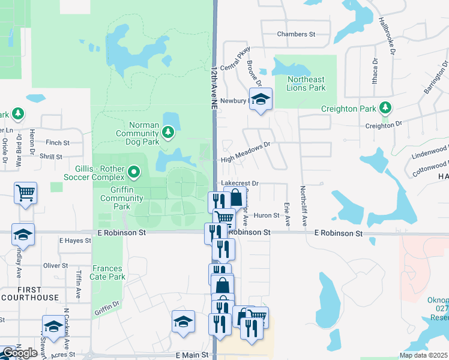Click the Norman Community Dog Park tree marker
tap(169, 131)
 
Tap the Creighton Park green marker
tap(385, 109)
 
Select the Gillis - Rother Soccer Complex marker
tap(133, 175)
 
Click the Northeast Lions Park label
tap(306, 83)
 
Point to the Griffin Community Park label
tap(114, 198)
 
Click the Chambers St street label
tap(296, 34)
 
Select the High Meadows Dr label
tap(246, 159)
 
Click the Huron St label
tap(267, 215)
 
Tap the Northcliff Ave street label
tap(304, 203)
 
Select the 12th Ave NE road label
tap(214, 88)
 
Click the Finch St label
tap(58, 143)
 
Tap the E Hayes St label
tap(75, 240)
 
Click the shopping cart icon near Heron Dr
tap(25, 193)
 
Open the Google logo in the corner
tap(19, 353)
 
